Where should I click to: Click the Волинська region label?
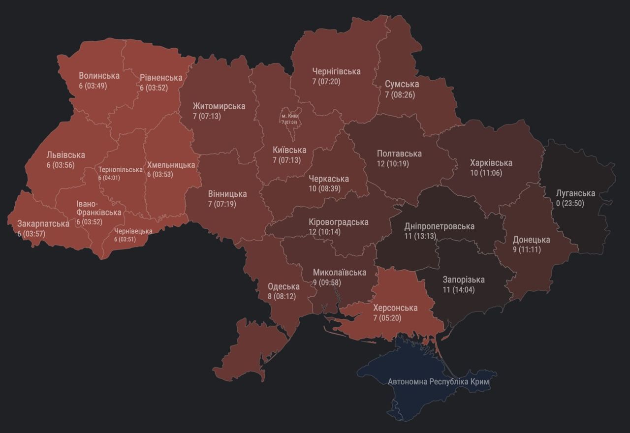point(99,76)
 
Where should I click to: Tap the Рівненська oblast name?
point(161,78)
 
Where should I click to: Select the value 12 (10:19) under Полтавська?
point(393,163)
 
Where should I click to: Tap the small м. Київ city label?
point(290,116)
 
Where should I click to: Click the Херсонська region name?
point(395,308)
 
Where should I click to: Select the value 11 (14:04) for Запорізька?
point(458,290)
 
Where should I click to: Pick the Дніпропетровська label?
point(439,226)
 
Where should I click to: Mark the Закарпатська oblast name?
point(43,224)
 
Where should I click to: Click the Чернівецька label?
point(133,231)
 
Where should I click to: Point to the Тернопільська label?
point(120,170)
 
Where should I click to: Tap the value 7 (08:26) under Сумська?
point(400,94)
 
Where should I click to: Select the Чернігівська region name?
point(336,71)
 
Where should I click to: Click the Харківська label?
point(491,163)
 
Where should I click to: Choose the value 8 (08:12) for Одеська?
point(282,297)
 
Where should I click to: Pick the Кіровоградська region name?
point(338,222)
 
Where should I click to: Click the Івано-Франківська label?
point(98,208)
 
